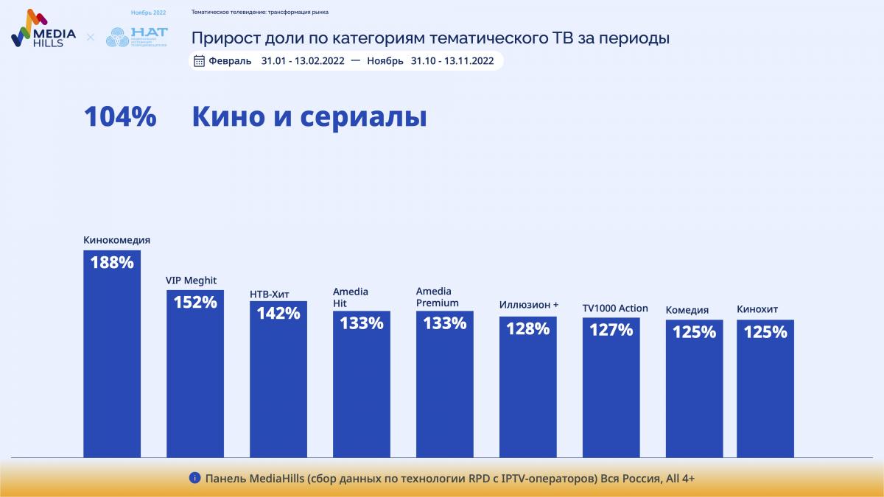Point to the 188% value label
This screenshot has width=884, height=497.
(112, 262)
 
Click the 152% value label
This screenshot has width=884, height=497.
(195, 302)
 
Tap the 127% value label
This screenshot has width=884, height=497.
(611, 330)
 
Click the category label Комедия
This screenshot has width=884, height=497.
(687, 310)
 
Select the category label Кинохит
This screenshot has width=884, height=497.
(757, 309)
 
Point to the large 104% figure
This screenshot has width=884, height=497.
(120, 117)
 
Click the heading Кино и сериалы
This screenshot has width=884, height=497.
(309, 117)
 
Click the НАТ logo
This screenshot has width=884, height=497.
(137, 37)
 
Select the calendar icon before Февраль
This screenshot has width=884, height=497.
(199, 61)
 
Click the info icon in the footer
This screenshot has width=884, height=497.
(194, 478)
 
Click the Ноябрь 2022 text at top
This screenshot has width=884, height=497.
(148, 13)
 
